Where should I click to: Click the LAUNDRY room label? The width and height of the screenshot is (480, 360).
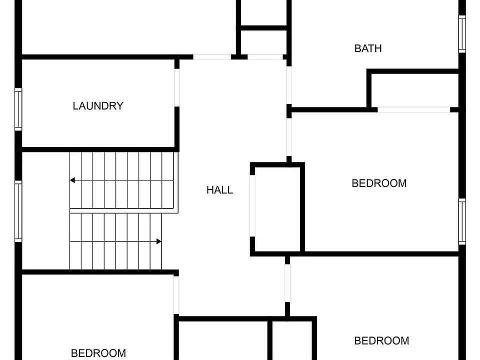98,106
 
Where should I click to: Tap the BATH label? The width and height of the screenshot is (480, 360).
368,48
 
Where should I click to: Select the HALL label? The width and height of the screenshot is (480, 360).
219,190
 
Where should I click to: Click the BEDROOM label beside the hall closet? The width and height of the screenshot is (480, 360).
379,183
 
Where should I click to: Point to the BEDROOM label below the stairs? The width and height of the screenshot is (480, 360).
98,353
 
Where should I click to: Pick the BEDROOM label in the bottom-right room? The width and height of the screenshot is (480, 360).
381,341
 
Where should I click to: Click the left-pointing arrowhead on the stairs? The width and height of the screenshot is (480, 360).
72,180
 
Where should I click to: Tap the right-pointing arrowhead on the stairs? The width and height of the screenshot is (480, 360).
159,241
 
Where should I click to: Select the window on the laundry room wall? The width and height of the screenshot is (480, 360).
18,109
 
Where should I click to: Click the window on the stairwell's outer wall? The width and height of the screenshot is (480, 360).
18,211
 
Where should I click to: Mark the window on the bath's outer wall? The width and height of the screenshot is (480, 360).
462,34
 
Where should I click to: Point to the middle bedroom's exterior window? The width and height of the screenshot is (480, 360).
462,221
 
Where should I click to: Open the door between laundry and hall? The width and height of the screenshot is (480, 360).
177,87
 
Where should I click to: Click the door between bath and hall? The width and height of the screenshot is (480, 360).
289,85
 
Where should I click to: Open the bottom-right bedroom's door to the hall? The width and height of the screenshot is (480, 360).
287,283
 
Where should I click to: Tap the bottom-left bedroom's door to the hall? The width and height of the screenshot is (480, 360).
176,294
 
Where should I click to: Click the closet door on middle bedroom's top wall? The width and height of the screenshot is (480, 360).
413,109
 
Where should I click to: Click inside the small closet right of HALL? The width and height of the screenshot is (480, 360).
277,209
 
